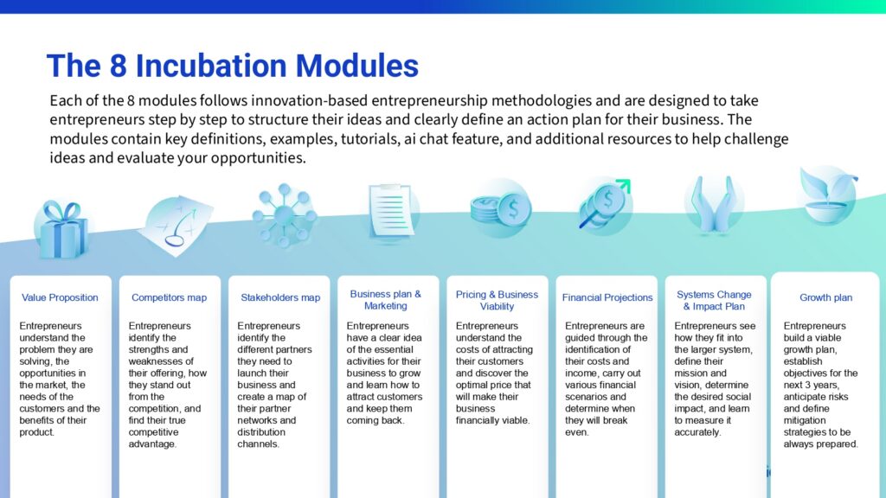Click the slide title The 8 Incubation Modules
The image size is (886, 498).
tap(232, 66)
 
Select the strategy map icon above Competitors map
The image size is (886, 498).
tap(176, 226)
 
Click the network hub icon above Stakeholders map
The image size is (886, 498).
tap(284, 214)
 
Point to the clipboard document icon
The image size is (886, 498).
tap(391, 212)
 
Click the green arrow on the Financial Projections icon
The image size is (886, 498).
tap(623, 186)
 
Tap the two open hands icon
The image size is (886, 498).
tap(714, 204)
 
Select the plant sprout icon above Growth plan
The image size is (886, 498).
tap(828, 195)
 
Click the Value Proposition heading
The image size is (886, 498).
tap(60, 297)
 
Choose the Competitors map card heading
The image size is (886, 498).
tap(169, 297)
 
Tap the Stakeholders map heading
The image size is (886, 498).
tap(280, 297)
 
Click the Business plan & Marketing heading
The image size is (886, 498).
tap(385, 300)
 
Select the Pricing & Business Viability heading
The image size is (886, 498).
tap(497, 300)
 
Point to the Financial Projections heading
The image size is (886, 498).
tap(607, 297)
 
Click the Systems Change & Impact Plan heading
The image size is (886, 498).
tap(714, 300)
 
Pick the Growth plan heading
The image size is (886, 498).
tap(825, 297)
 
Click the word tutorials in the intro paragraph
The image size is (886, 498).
tap(369, 139)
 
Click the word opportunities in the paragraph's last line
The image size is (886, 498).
tap(258, 158)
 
